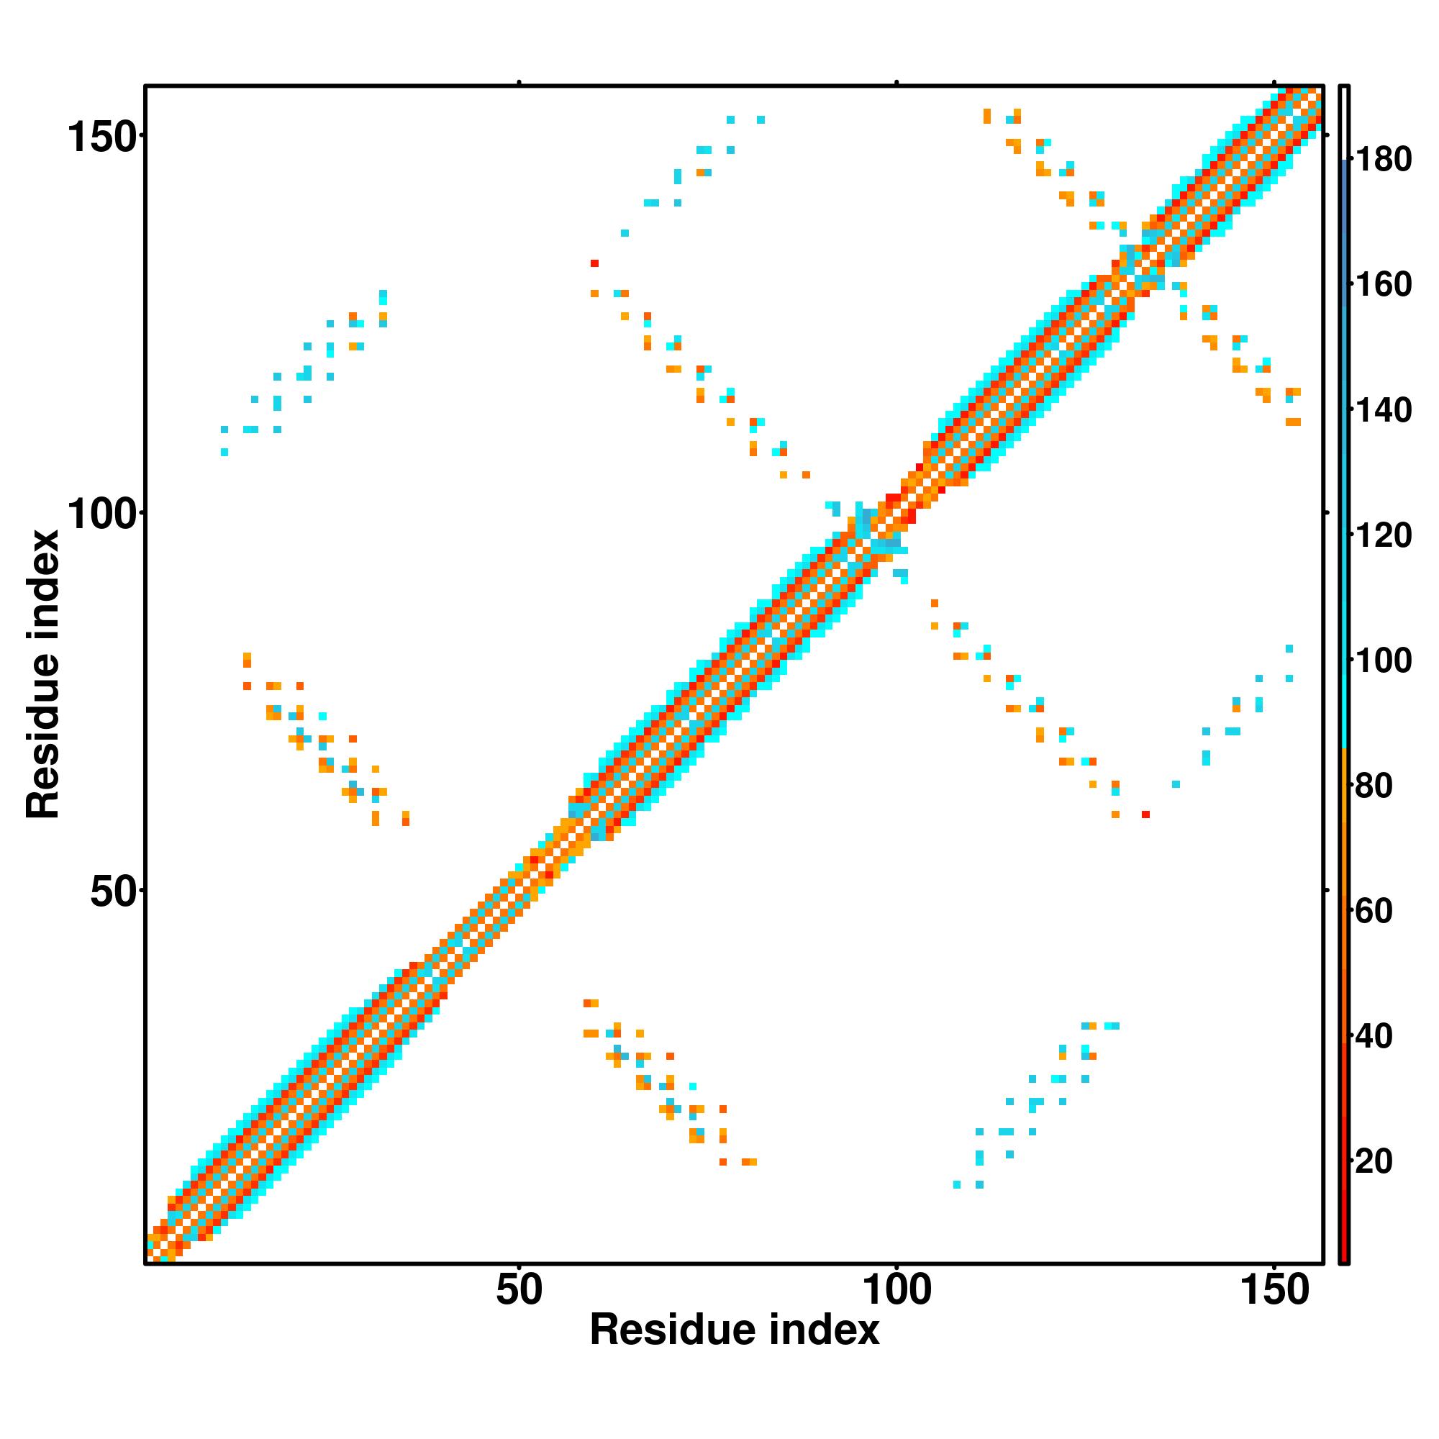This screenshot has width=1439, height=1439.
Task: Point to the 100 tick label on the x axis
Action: click(896, 1291)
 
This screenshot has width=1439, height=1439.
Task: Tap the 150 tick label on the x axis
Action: click(1274, 1291)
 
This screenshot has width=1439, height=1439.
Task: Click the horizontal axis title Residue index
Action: click(735, 1330)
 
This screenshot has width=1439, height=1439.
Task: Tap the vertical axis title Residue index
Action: click(42, 675)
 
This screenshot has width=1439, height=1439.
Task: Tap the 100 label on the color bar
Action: click(1382, 661)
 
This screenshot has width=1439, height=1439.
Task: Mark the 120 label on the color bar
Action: click(1382, 535)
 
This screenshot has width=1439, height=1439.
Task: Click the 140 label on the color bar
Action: click(1382, 410)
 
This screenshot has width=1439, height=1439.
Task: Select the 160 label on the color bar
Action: click(1382, 284)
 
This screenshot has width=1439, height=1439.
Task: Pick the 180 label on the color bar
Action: click(1382, 160)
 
